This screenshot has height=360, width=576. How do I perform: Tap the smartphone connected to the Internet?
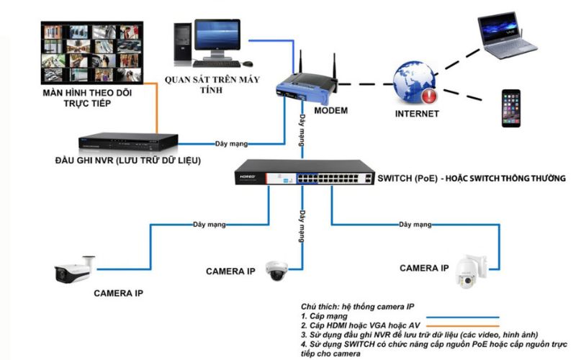tap(511, 108)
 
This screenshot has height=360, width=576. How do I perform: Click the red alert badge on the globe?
tap(430, 95)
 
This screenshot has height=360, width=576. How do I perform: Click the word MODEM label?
tap(331, 111)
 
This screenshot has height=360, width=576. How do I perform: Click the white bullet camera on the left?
tap(75, 271)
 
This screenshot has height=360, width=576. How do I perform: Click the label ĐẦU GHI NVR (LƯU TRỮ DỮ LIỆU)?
tap(128, 160)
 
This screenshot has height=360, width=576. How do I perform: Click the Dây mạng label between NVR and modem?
tap(230, 142)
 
